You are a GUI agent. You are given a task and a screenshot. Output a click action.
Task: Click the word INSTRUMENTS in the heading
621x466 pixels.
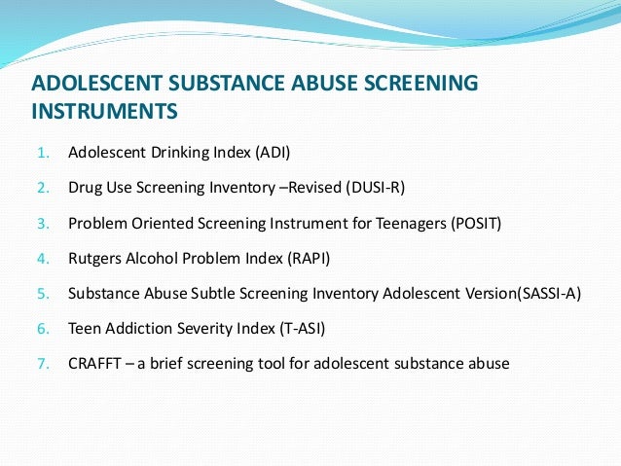105,111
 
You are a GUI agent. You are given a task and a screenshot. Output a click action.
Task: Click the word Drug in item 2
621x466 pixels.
84,188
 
